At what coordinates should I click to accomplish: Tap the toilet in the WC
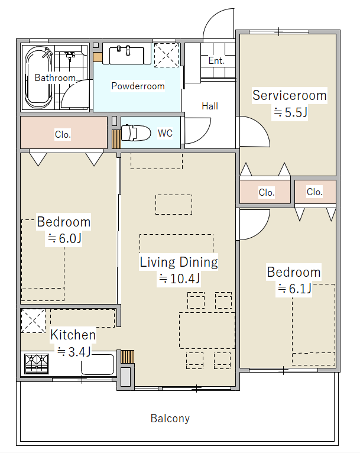click(136, 133)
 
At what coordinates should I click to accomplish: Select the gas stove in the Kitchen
click(37, 364)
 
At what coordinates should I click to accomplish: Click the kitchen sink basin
click(98, 365)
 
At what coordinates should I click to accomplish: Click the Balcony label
click(170, 418)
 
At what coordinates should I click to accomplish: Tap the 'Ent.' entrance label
click(216, 61)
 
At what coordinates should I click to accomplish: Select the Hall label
click(210, 106)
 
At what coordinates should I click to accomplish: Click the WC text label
click(165, 133)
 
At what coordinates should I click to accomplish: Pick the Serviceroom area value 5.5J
click(290, 112)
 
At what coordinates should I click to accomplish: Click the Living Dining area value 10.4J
click(179, 279)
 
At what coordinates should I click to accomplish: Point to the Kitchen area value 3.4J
click(74, 352)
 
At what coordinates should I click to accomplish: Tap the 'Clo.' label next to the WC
click(63, 134)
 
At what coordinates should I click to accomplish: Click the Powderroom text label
click(138, 86)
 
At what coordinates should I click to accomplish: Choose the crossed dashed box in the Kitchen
click(33, 321)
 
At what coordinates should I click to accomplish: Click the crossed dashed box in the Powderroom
click(167, 55)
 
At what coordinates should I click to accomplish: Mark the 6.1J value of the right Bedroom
click(294, 289)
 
